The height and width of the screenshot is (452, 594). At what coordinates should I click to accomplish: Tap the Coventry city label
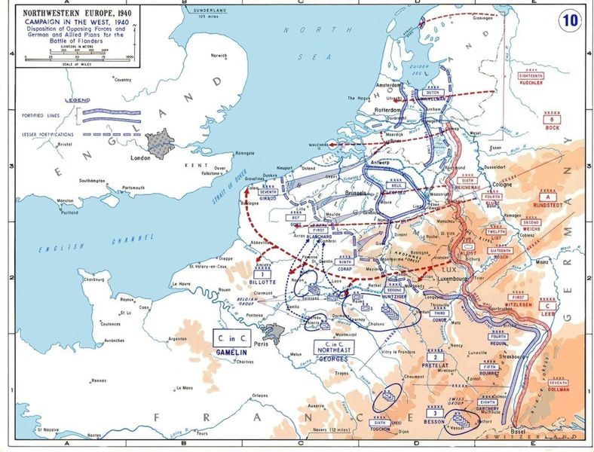[121, 79]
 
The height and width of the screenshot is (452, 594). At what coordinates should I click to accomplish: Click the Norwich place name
[219, 56]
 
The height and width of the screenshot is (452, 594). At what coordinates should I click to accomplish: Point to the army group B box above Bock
[553, 119]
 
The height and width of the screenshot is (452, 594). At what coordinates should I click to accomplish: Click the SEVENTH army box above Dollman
[559, 383]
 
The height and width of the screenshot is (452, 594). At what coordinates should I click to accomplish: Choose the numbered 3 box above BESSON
[433, 414]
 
